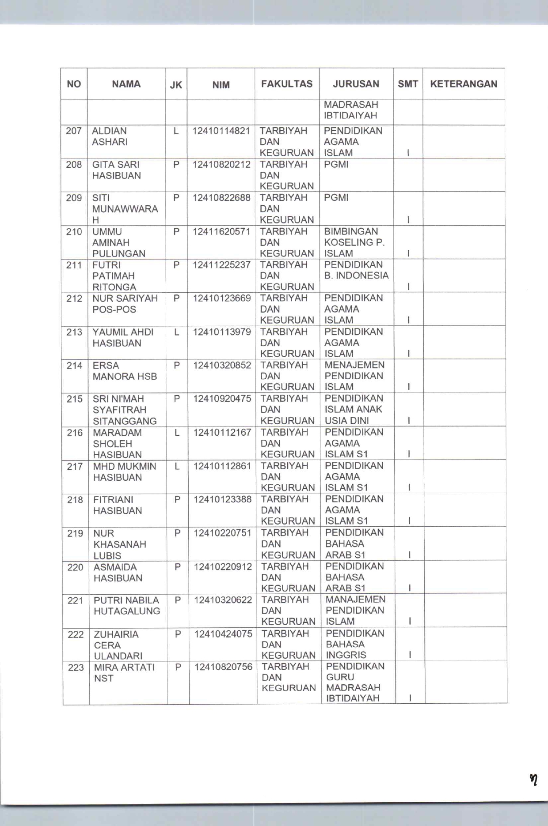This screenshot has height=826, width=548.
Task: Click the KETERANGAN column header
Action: point(464,84)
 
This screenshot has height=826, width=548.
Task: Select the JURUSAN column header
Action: point(356,84)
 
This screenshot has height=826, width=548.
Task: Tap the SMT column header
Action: point(407,84)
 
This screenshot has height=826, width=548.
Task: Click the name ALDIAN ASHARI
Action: point(109,136)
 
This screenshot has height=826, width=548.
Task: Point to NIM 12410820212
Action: point(221,165)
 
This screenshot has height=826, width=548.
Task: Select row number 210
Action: point(74,232)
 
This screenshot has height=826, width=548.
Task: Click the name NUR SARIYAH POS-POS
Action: point(125,304)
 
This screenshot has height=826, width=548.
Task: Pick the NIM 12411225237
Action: point(222,265)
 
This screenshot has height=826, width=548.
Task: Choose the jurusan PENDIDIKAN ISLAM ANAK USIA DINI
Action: point(354,410)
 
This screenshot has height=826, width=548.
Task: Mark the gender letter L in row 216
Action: point(177,433)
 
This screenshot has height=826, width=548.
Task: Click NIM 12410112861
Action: point(222,466)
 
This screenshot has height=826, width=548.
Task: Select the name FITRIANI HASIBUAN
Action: point(118,505)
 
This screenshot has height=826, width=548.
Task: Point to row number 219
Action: point(75,533)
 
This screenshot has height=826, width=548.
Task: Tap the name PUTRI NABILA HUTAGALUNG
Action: point(126,606)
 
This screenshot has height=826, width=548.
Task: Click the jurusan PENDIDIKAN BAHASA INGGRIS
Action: point(355,644)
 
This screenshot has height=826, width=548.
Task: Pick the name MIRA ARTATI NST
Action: point(124,672)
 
